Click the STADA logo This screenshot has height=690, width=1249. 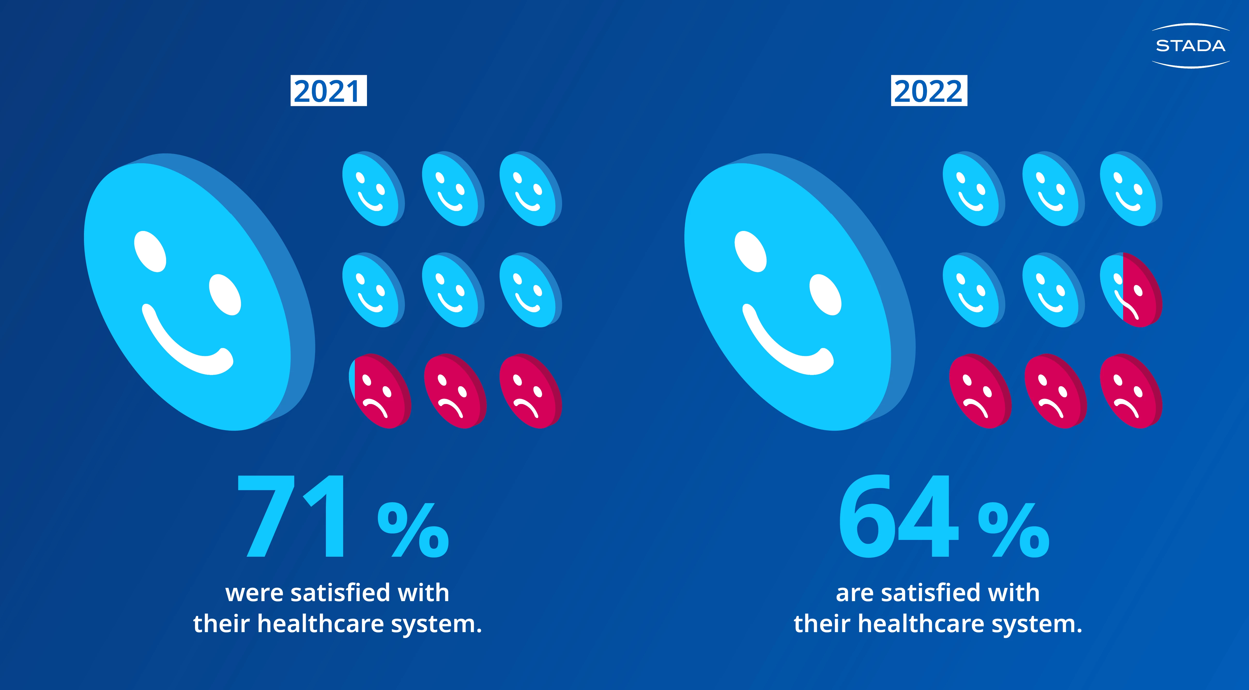[1190, 46]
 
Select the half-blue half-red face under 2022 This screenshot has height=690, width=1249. [1130, 290]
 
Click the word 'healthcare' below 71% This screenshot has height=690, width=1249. [320, 624]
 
